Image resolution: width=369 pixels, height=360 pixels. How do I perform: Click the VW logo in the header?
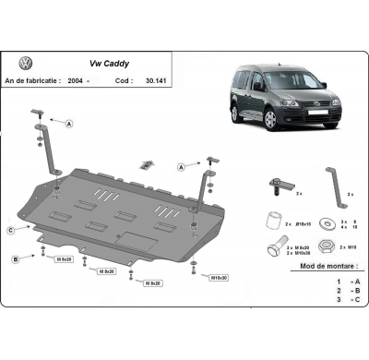tap(25, 64)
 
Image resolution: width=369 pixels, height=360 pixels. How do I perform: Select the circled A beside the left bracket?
tap(70, 124)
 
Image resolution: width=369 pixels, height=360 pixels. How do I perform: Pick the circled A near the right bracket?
tap(182, 168)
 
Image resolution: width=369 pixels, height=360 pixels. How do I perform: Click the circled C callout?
tap(10, 229)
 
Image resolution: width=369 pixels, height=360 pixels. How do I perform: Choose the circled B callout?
tap(16, 260)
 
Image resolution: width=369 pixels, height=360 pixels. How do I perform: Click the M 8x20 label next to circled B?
tap(64, 260)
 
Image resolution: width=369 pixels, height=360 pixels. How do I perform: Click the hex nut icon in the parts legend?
tap(326, 246)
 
